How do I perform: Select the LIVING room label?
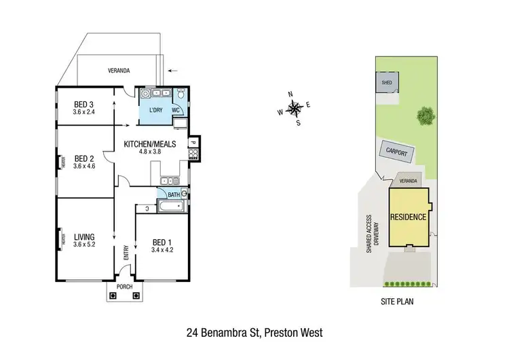[x=85, y=236]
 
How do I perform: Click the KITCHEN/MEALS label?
[x=149, y=144]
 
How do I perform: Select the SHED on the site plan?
[x=387, y=83]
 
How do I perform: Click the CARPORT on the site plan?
[x=396, y=153]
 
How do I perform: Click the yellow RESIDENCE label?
[x=408, y=217]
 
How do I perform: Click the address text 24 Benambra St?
[x=224, y=333]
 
